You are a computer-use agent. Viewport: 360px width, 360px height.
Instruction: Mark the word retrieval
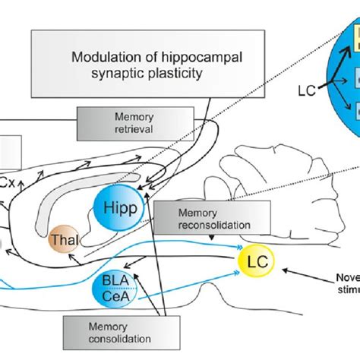[x=115, y=129]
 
